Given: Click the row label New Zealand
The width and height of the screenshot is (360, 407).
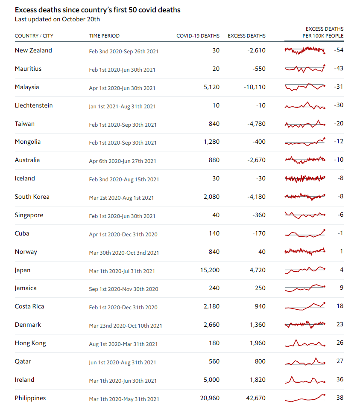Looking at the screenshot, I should [33, 50].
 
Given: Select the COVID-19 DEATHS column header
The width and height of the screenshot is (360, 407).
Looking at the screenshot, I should [198, 36].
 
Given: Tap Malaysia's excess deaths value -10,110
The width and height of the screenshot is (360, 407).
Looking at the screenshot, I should [255, 87].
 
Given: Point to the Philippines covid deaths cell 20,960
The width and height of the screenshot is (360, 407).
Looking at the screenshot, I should [210, 398].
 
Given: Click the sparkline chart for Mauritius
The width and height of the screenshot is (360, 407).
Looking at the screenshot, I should [305, 68].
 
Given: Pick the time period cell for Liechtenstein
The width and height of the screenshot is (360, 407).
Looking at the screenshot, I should [122, 107].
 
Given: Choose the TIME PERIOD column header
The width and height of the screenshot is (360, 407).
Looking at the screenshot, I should [104, 36].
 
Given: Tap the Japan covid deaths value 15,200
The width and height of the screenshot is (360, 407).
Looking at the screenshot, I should [210, 270].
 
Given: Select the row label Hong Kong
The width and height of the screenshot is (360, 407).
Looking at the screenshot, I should [30, 343].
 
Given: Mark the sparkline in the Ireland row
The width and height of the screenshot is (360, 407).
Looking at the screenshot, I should [305, 379].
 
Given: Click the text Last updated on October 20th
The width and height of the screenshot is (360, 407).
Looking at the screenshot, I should [57, 19].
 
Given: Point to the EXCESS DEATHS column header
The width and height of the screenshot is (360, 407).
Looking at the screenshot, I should [246, 36].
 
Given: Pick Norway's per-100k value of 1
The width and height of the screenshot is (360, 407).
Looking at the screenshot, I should [341, 252].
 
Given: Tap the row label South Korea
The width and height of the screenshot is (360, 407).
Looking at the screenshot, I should [32, 197].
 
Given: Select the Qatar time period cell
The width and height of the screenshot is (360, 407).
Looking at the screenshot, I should [122, 363].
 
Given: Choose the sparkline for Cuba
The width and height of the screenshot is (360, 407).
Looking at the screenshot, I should [305, 233].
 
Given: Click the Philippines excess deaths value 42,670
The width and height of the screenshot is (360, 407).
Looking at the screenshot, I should [256, 398].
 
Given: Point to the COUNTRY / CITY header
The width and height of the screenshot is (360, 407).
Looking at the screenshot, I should [34, 36].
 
